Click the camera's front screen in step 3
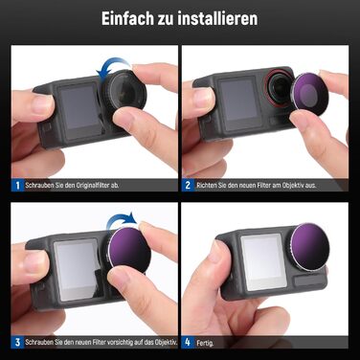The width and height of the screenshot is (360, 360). pyautogui.click(x=70, y=271)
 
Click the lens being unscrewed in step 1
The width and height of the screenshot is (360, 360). pyautogui.click(x=124, y=100)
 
